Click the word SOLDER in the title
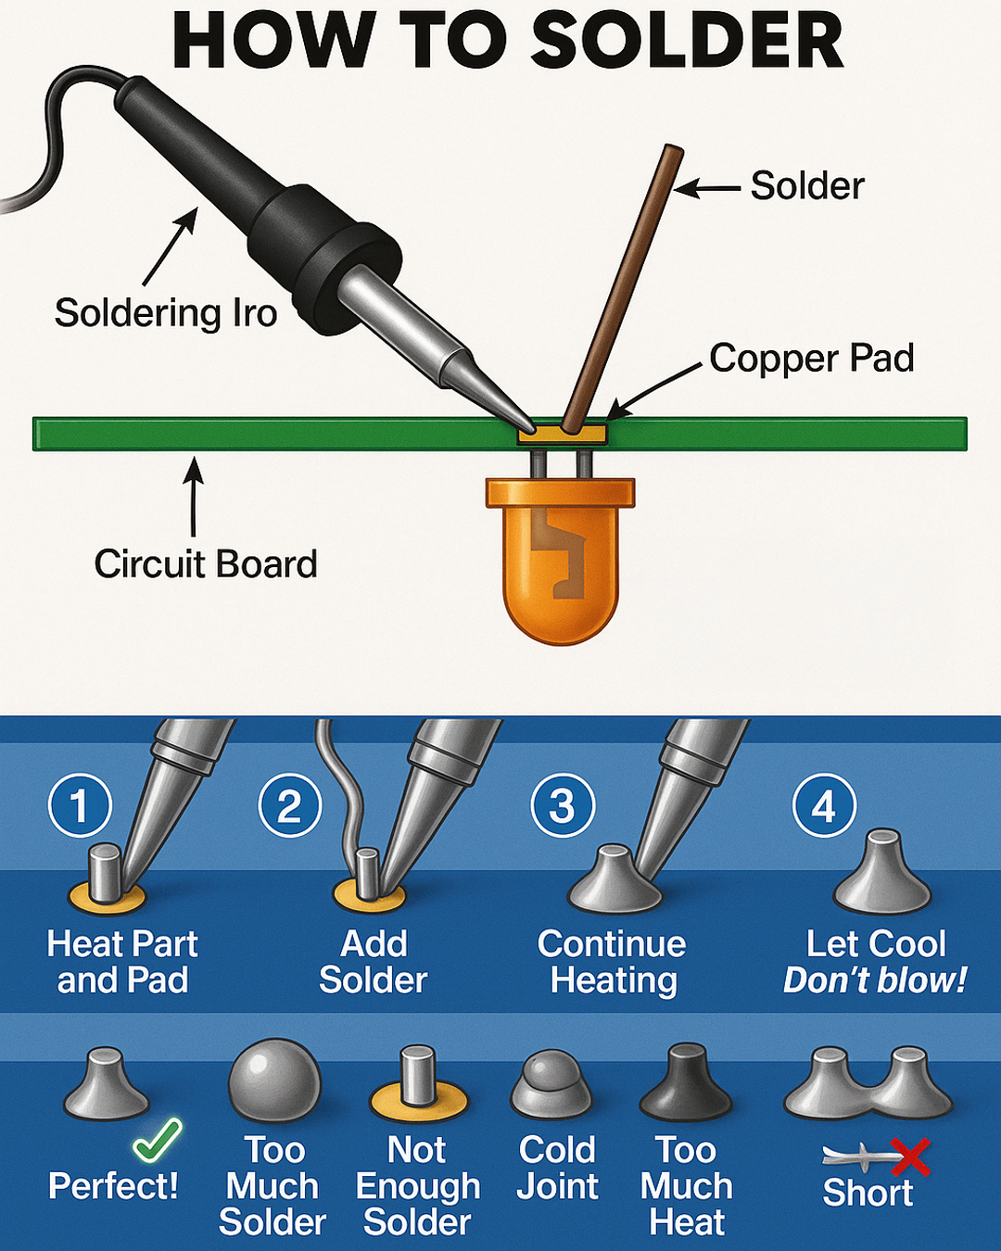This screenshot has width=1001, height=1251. pos(688,42)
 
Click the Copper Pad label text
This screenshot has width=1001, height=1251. pos(811,359)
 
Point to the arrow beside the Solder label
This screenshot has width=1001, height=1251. pos(708,189)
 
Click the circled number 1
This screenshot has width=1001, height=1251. pos(80,805)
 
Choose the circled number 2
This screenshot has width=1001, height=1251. pos(289,805)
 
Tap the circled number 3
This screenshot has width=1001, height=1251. pos(562,805)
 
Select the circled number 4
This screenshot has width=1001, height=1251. pos(824,805)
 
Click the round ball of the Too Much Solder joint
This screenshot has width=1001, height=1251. pos(274,1080)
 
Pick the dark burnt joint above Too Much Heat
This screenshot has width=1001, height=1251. pos(686,1084)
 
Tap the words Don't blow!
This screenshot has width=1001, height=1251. pos(875,980)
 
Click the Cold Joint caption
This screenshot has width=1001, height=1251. pos(557,1169)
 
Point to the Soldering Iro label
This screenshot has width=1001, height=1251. pos(166,313)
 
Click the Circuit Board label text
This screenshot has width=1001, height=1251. pos(206,564)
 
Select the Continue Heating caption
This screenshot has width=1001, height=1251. pos(613,962)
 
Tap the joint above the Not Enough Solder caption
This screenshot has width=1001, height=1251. pos(418,1085)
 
